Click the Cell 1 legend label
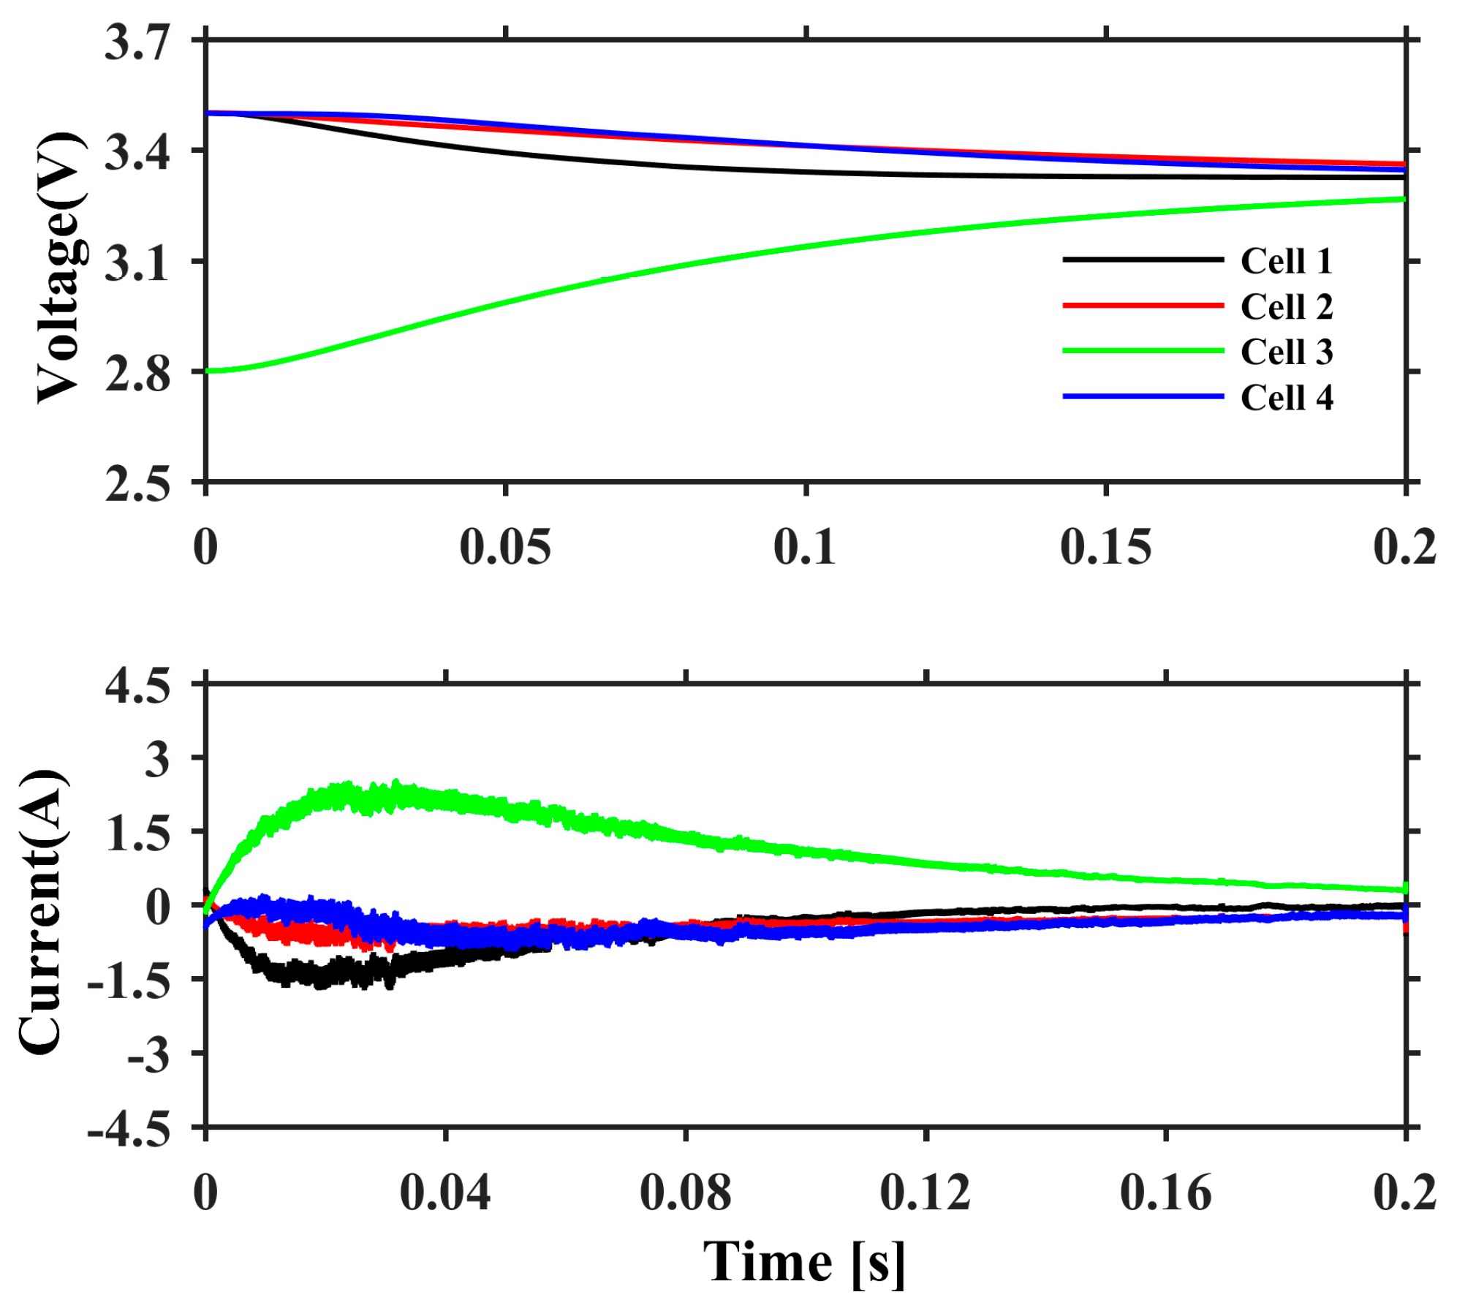coord(1286,261)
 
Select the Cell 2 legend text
coord(1286,306)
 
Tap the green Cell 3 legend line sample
coord(1142,351)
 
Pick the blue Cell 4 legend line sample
coord(1142,396)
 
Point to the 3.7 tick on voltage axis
coord(137,42)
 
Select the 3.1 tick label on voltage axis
coord(137,263)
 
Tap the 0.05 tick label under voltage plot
coord(505,546)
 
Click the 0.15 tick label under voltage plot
coord(1105,546)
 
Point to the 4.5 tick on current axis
coord(137,687)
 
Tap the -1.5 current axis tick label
coord(129,981)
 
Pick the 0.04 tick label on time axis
coord(444,1193)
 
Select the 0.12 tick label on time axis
coord(925,1193)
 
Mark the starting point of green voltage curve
coord(208,371)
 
